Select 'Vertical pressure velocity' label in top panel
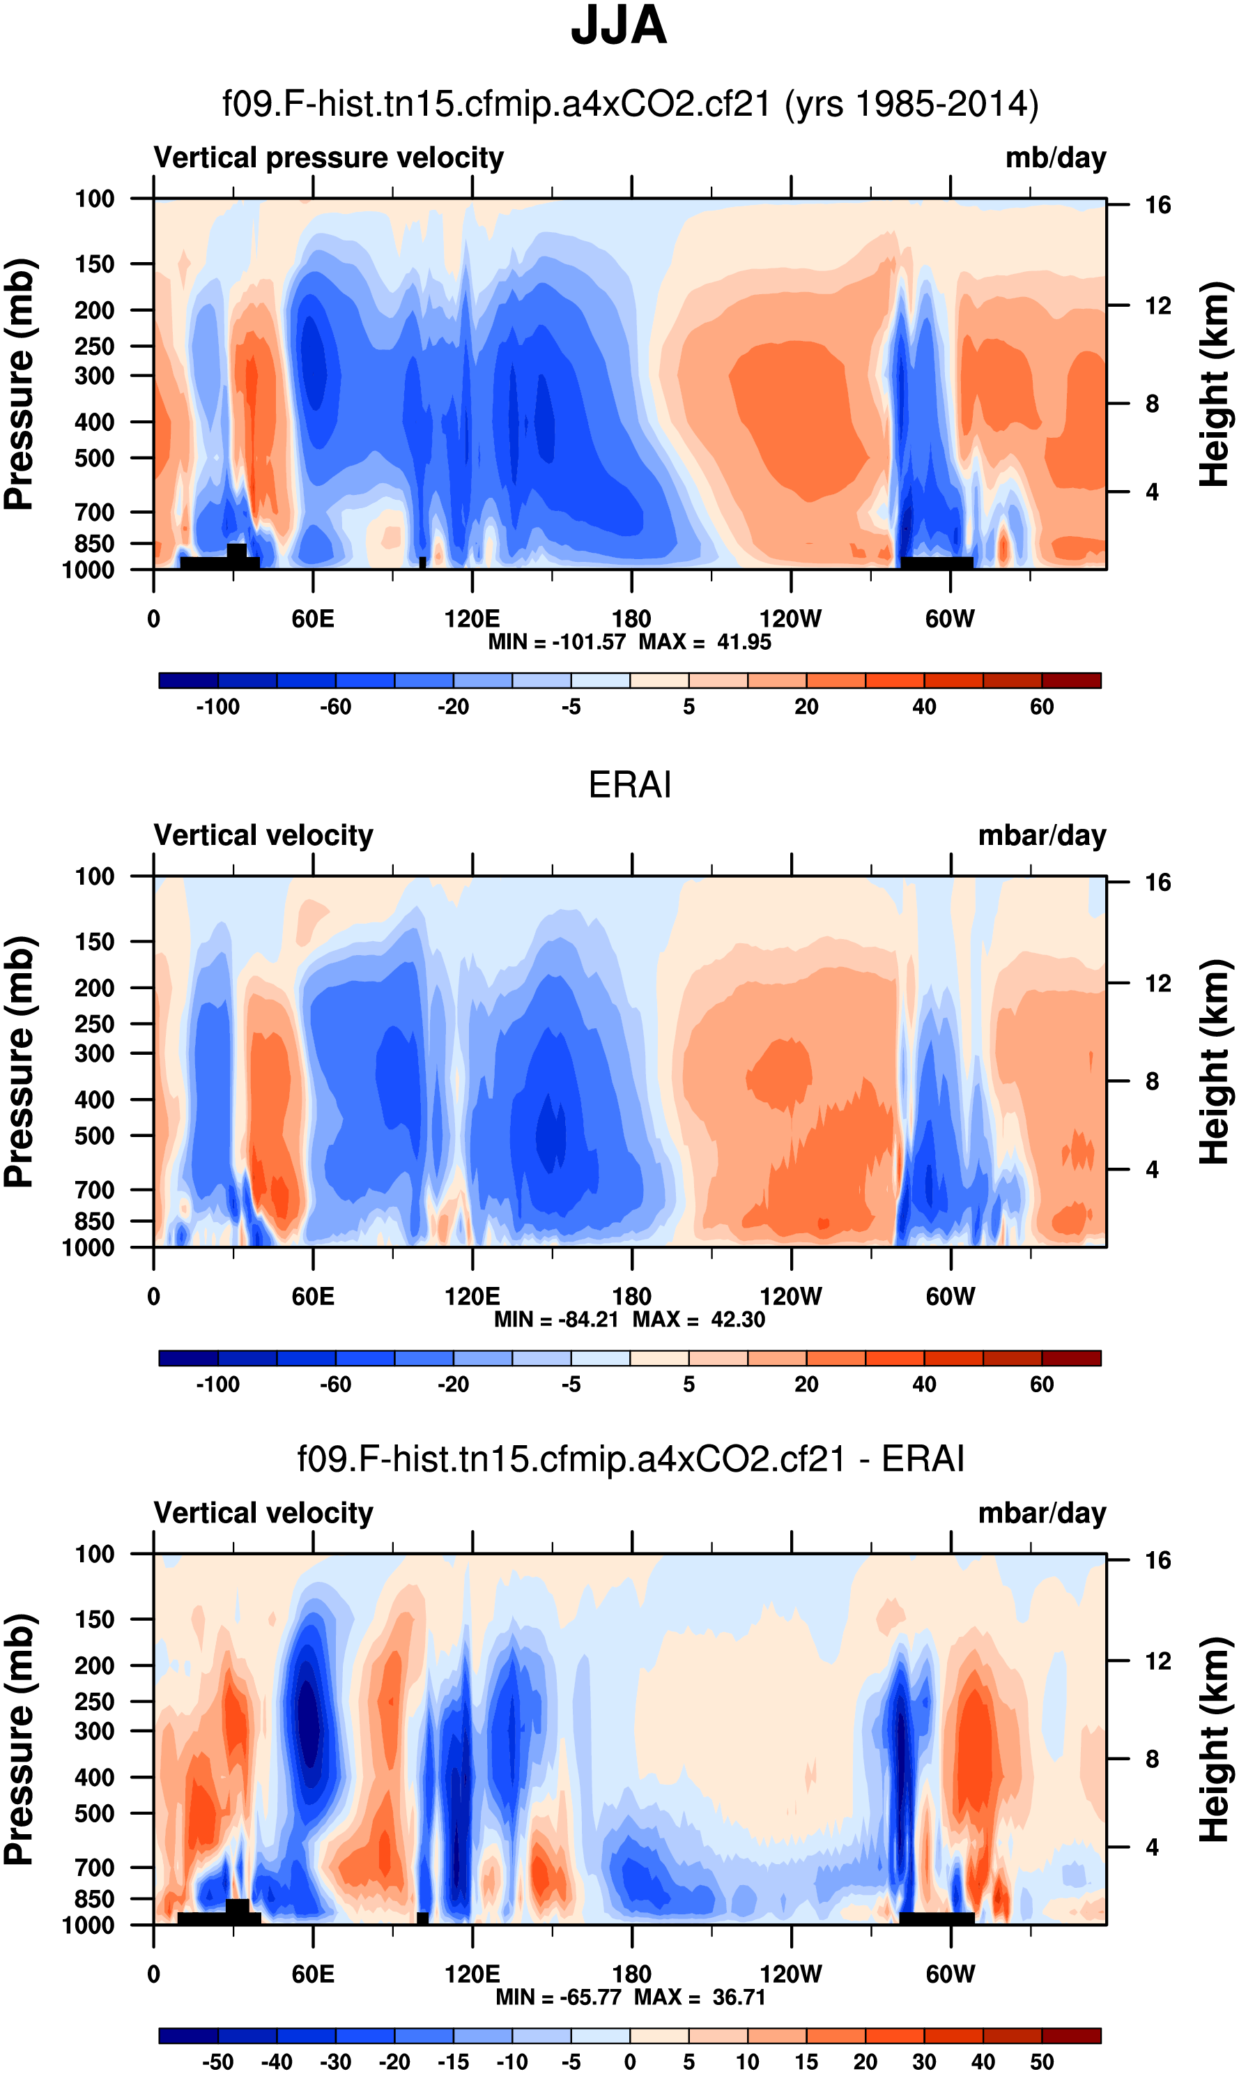pyautogui.click(x=328, y=158)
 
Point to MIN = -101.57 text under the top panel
pyautogui.click(x=556, y=642)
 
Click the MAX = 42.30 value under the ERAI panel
pyautogui.click(x=699, y=1320)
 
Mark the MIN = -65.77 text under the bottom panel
pyautogui.click(x=560, y=1997)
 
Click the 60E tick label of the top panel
pyautogui.click(x=313, y=620)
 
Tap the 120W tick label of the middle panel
pyautogui.click(x=791, y=1297)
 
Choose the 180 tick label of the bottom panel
pyautogui.click(x=631, y=1974)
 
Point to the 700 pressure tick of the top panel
pyautogui.click(x=94, y=512)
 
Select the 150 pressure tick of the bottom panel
pyautogui.click(x=94, y=1619)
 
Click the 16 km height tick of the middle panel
pyautogui.click(x=1157, y=883)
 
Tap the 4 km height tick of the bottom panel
pyautogui.click(x=1152, y=1847)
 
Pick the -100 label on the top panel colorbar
pyautogui.click(x=218, y=708)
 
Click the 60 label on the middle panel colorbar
pyautogui.click(x=1041, y=1385)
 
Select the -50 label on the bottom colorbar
pyautogui.click(x=218, y=2062)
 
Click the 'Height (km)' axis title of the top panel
pyautogui.click(x=1215, y=384)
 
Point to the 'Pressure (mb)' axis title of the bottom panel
pyautogui.click(x=18, y=1740)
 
